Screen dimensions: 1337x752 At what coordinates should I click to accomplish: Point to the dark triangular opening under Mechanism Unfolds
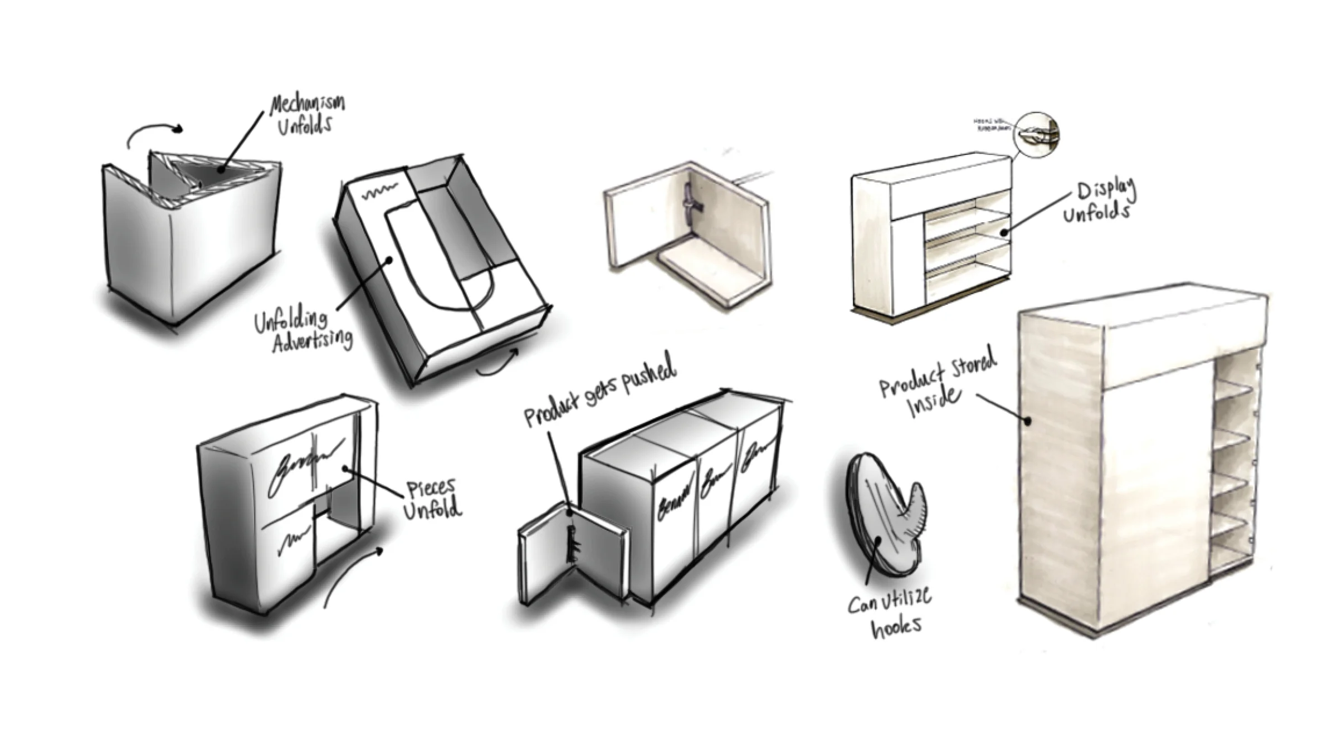[x=217, y=167]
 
